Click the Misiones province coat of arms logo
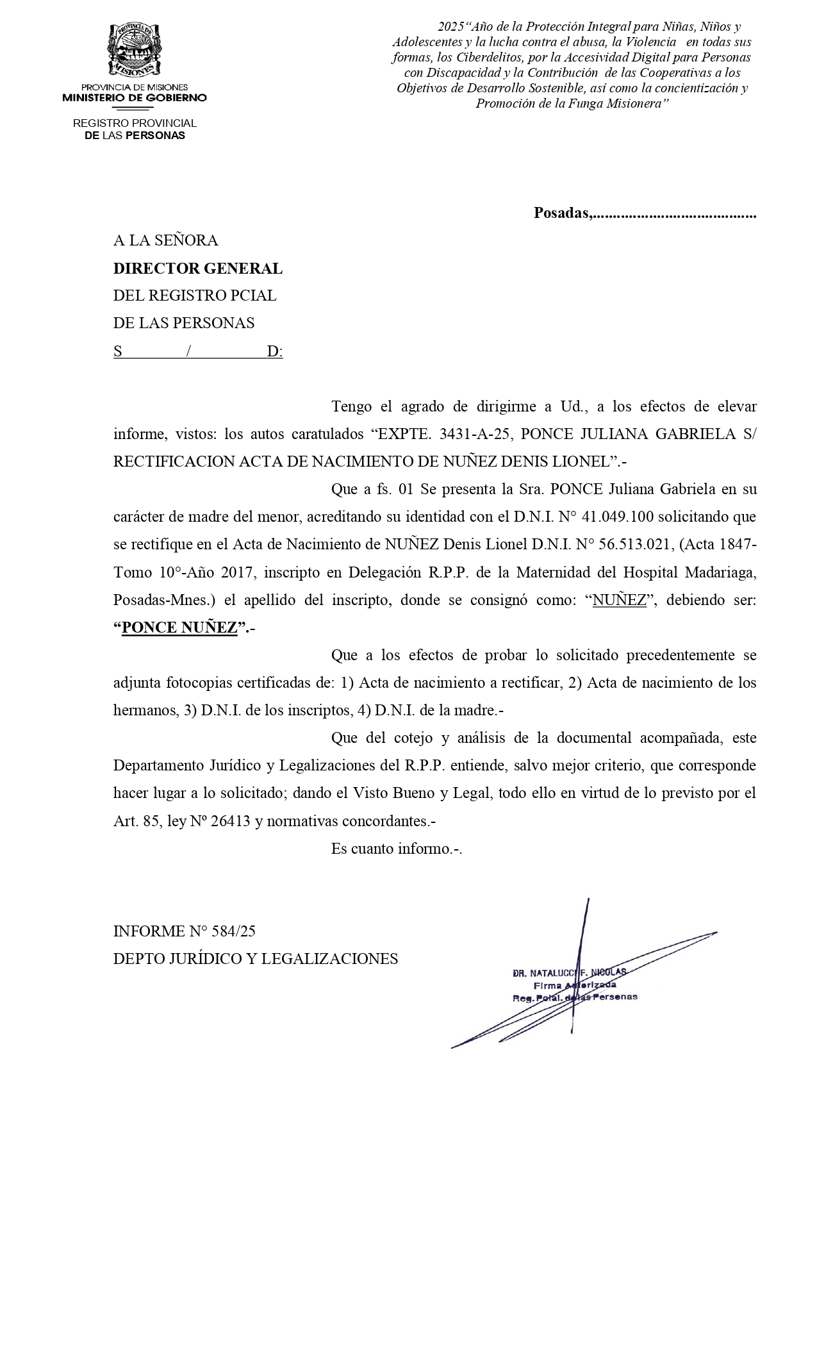point(134,50)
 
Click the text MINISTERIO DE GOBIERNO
point(135,98)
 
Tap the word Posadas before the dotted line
point(562,213)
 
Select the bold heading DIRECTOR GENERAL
point(197,269)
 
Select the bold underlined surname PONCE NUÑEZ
point(179,627)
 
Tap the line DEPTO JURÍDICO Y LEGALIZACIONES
point(255,959)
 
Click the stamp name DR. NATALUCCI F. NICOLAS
point(569,972)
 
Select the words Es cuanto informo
point(395,849)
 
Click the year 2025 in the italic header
point(450,27)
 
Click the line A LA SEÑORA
point(165,240)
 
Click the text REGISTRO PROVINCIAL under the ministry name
point(135,123)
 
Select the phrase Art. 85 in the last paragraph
point(136,821)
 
